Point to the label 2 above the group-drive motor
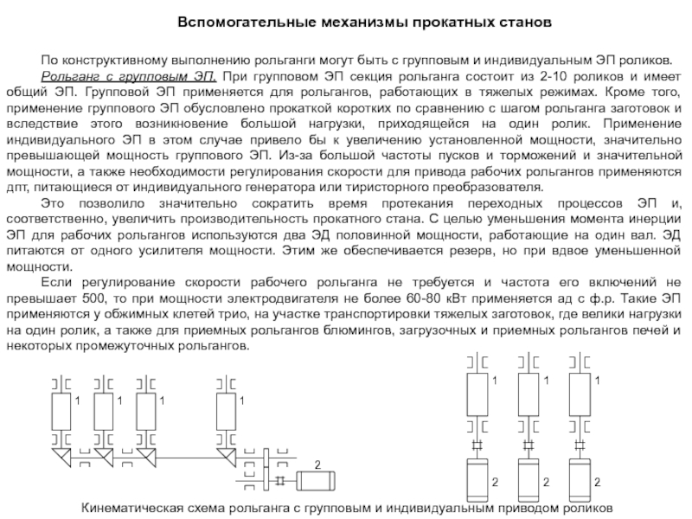pyautogui.click(x=317, y=466)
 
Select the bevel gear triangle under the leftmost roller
pyautogui.click(x=61, y=454)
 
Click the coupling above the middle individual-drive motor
pyautogui.click(x=530, y=445)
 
